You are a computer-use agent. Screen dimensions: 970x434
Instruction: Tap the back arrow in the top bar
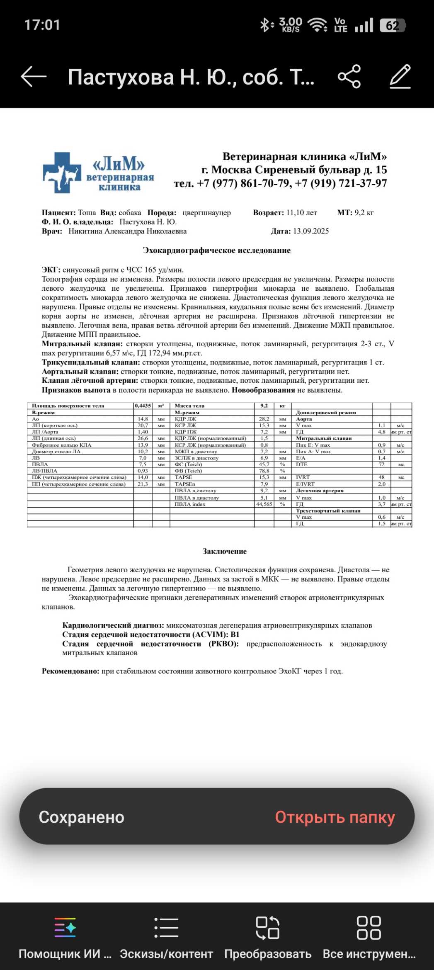coord(34,77)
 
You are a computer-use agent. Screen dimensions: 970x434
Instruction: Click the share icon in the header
coord(349,77)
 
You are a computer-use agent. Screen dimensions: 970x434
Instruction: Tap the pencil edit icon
coord(400,77)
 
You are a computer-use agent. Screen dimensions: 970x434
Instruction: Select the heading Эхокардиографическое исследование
coord(216,250)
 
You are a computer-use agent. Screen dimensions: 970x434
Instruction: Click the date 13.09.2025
coord(310,231)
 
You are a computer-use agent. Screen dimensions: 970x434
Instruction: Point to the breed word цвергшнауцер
coord(206,213)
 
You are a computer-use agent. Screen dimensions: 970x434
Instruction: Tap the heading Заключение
coord(224,552)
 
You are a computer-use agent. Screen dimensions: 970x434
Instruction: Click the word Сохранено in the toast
coord(82,817)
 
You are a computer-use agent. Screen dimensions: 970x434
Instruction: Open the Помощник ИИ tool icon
coord(65,927)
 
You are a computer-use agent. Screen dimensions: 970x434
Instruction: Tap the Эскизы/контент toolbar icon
coord(166,927)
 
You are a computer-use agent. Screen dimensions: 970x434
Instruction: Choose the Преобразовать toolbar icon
coord(267,927)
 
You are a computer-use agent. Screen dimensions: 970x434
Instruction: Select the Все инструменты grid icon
coord(369,927)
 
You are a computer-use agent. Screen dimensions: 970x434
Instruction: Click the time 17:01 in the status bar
coord(42,25)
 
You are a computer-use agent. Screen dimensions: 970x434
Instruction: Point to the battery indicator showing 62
coord(392,26)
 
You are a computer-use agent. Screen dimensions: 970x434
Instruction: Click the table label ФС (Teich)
coord(188,464)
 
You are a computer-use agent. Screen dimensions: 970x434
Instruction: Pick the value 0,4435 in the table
coord(143,406)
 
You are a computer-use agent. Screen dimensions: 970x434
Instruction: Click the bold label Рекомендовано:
coord(70,671)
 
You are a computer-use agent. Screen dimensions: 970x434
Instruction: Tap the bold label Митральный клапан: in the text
coord(82,344)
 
